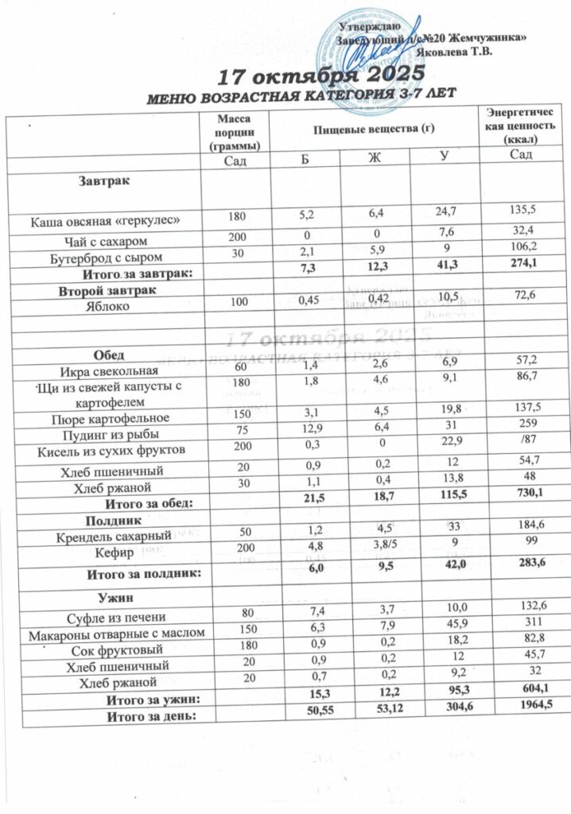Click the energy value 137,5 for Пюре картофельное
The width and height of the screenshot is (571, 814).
click(x=525, y=416)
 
